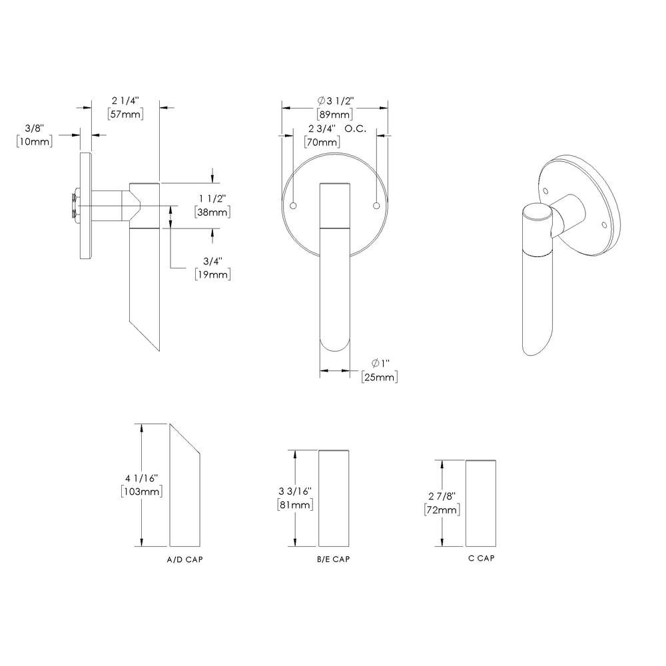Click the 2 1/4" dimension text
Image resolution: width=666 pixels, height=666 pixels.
tap(125, 101)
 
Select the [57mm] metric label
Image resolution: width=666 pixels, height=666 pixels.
tap(125, 113)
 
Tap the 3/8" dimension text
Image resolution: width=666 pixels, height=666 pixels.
tap(34, 128)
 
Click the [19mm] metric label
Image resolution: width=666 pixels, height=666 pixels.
tap(213, 274)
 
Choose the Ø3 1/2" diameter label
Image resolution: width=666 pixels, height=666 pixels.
tap(335, 101)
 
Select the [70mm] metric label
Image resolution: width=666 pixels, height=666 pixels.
tap(322, 142)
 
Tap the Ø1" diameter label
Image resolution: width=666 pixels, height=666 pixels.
tap(380, 363)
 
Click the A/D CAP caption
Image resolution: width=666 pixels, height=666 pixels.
tap(184, 560)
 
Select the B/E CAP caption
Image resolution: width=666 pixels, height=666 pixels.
tap(334, 559)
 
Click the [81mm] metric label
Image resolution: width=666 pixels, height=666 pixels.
tap(294, 505)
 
